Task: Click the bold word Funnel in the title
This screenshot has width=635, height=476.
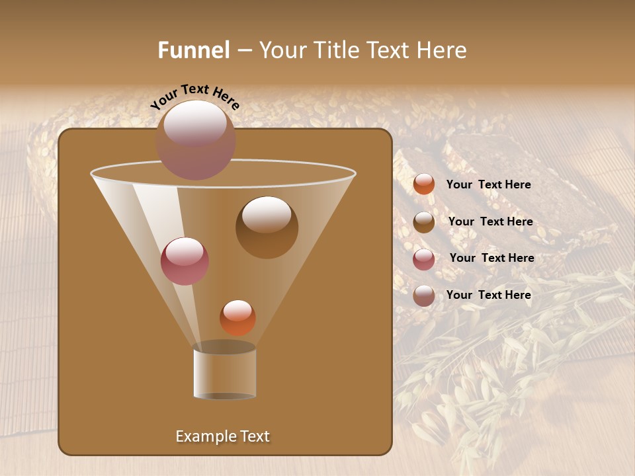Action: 194,50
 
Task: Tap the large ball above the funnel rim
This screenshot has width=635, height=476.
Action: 195,140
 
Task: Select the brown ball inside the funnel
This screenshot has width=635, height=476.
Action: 267,227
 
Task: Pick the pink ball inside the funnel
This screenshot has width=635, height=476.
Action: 185,261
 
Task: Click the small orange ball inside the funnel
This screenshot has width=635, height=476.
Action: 237,317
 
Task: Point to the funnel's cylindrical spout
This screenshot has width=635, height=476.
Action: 225,374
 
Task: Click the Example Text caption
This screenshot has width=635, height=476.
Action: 222,436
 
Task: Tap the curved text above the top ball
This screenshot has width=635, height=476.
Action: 195,97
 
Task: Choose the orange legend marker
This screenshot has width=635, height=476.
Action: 424,184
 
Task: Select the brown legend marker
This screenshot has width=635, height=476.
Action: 424,222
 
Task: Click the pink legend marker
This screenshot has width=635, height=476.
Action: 424,259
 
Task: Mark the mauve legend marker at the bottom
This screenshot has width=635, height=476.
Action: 424,296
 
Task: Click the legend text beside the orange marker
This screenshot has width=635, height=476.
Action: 488,185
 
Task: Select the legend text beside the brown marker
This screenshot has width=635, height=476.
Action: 490,222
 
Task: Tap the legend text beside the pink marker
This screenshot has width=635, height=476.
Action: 491,258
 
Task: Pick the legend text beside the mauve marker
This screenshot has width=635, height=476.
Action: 488,295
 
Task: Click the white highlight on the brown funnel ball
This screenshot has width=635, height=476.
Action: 267,215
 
